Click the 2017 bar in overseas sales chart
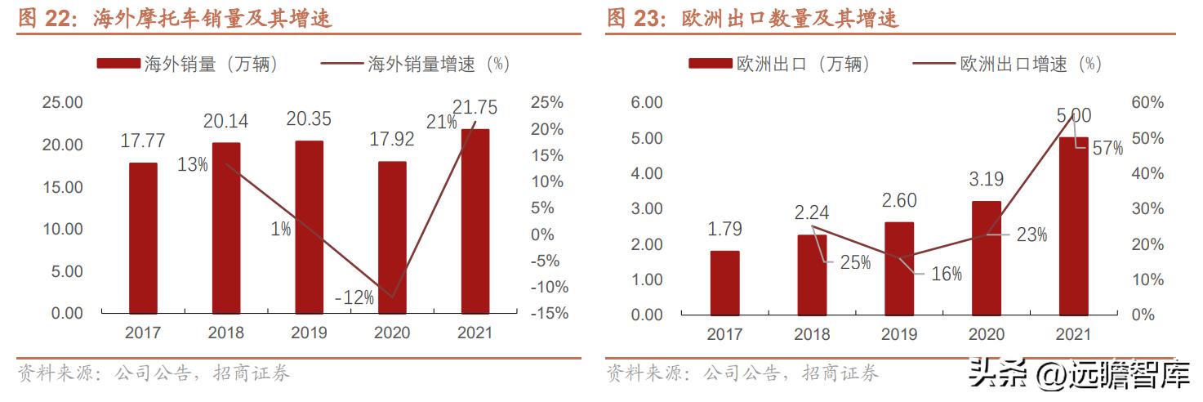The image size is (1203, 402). coord(143,238)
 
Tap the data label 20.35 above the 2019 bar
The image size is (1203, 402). coord(309,119)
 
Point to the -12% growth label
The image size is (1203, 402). coord(354,298)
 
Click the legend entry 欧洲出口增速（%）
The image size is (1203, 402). coord(1008,65)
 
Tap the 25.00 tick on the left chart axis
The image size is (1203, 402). coord(63,103)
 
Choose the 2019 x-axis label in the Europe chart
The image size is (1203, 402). coord(899,334)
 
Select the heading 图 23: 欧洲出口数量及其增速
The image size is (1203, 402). coord(753,19)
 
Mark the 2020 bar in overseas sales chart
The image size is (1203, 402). coord(392,237)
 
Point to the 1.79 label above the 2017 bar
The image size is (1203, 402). coord(725,230)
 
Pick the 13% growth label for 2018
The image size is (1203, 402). coord(193,164)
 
